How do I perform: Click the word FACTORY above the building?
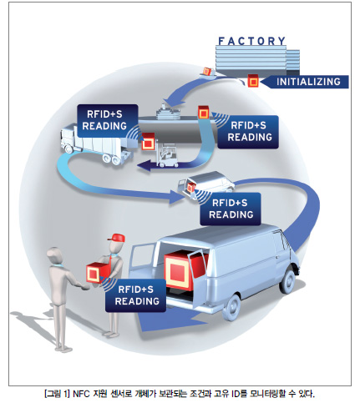pyautogui.click(x=252, y=41)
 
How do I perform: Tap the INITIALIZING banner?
pyautogui.click(x=306, y=82)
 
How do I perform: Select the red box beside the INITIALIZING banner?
pyautogui.click(x=253, y=81)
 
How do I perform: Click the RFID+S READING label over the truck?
pyautogui.click(x=107, y=121)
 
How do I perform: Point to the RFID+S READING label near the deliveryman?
pyautogui.click(x=135, y=295)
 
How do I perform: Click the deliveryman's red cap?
pyautogui.click(x=117, y=238)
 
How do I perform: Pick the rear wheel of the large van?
pyautogui.click(x=231, y=308)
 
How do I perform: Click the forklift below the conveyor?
pyautogui.click(x=167, y=156)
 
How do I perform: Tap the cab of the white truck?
pyautogui.click(x=68, y=139)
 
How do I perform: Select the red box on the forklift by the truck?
pyautogui.click(x=148, y=142)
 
